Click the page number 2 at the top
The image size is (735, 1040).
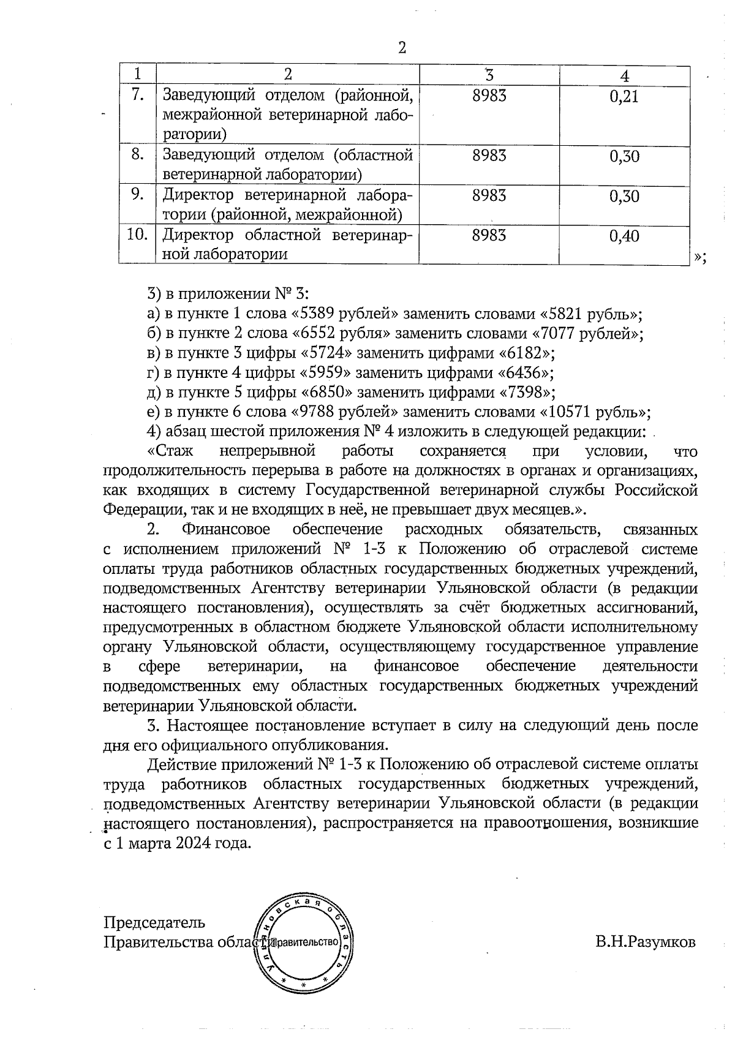(402, 48)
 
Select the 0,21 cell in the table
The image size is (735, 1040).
(624, 97)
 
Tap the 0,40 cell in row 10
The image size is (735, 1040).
(624, 237)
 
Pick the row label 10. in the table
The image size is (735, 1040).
(138, 235)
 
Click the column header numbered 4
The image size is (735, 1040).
(624, 76)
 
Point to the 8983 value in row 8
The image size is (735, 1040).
(489, 156)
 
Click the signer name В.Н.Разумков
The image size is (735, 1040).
(646, 942)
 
